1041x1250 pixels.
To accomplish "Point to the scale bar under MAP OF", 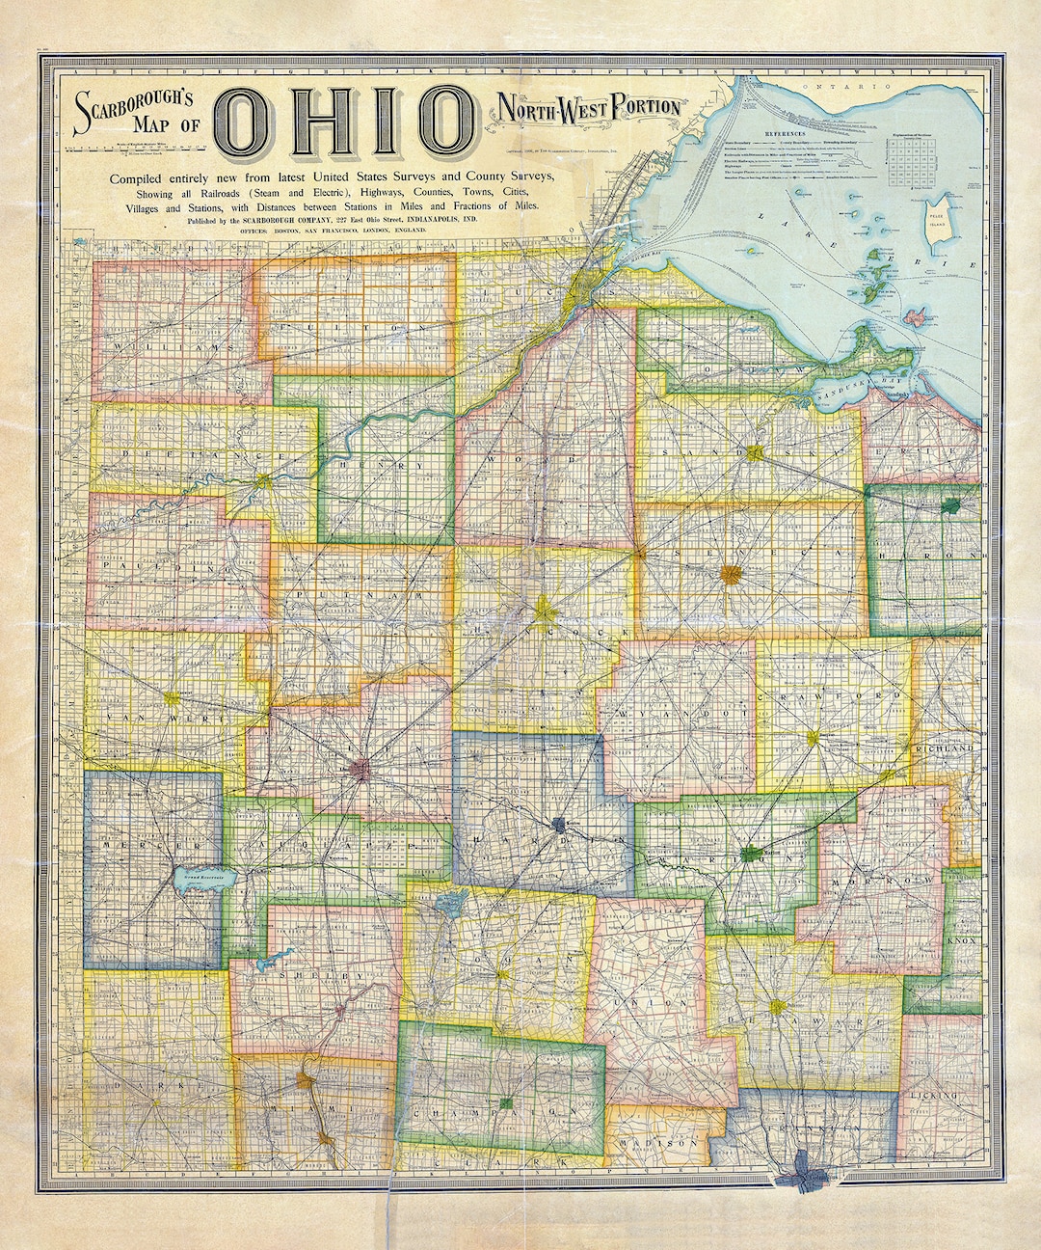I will (x=136, y=148).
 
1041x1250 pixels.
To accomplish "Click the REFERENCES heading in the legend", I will (x=787, y=129).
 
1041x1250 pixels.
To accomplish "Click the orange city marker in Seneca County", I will (x=731, y=574).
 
